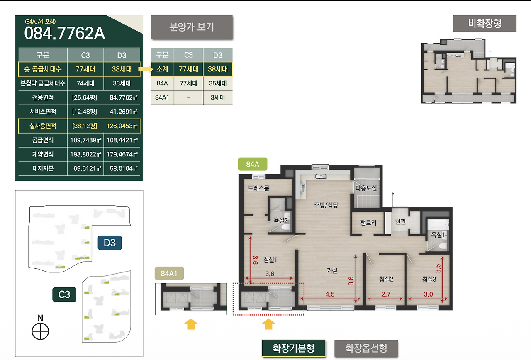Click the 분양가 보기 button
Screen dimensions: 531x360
[x=192, y=27]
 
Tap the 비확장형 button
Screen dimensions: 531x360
[x=485, y=23]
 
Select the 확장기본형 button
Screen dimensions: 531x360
[x=293, y=348]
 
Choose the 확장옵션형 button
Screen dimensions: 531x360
[x=366, y=348]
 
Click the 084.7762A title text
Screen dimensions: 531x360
[x=64, y=33]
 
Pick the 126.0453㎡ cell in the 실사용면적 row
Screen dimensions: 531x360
[x=122, y=126]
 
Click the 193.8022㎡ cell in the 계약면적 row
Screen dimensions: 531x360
[x=85, y=154]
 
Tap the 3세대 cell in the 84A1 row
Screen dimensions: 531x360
[x=218, y=97]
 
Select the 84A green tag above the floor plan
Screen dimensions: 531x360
[x=253, y=164]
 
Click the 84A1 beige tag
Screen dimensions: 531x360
[x=169, y=273]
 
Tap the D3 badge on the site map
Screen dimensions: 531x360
[x=110, y=243]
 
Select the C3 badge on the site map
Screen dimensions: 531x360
[x=64, y=294]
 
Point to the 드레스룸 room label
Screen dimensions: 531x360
[x=258, y=188]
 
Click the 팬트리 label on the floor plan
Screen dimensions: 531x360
[x=368, y=223]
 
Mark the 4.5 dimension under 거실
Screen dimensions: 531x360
[x=330, y=294]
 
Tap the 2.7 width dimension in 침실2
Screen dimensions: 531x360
[x=386, y=294]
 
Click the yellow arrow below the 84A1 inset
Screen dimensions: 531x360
[x=191, y=324]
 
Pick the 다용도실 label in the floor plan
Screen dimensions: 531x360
[x=366, y=188]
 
